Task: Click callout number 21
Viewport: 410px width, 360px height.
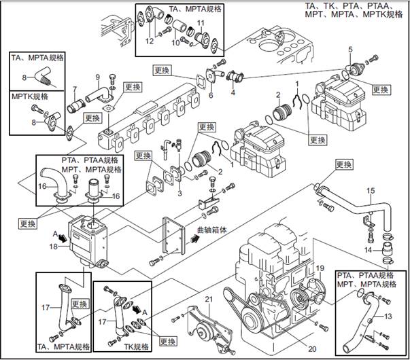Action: [209, 300]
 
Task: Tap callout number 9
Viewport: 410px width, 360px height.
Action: [97, 76]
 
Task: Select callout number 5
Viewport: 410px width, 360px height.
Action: [351, 49]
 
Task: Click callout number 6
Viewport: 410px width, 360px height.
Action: [211, 96]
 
